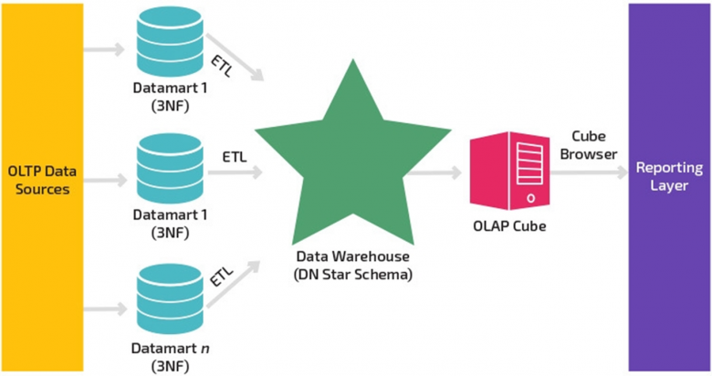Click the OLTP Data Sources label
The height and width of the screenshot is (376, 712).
tap(42, 180)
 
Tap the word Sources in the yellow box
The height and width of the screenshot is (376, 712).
tap(42, 189)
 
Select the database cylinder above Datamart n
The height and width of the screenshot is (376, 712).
tap(170, 298)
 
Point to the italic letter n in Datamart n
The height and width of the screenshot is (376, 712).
tap(204, 349)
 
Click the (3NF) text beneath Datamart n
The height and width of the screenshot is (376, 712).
tap(170, 366)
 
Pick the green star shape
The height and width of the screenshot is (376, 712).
tap(353, 152)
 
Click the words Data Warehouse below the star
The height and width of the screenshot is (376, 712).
tap(353, 256)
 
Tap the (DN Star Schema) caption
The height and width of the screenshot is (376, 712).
tap(353, 275)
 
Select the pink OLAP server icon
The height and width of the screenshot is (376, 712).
tap(509, 171)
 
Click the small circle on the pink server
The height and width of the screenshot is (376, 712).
tap(530, 198)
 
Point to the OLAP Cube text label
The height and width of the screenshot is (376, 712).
tap(509, 226)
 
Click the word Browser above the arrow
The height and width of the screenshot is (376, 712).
tap(589, 154)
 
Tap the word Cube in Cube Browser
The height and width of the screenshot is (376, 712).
tap(589, 136)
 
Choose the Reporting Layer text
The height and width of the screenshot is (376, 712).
tap(669, 176)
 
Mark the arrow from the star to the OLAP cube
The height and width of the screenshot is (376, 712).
tap(434, 172)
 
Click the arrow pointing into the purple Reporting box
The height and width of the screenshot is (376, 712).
tap(589, 172)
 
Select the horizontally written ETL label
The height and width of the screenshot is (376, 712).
tap(235, 157)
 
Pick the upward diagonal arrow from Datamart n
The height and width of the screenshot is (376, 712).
tap(234, 284)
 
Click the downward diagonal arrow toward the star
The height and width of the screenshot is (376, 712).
tap(235, 57)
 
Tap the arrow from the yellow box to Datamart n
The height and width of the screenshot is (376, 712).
tap(105, 308)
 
